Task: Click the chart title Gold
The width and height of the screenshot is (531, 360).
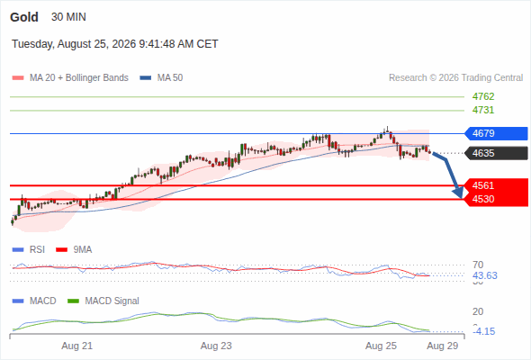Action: (24, 17)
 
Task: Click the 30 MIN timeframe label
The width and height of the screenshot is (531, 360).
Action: (68, 17)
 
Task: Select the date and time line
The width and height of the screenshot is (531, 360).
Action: (115, 44)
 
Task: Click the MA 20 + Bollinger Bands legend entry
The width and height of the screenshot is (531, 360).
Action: (70, 78)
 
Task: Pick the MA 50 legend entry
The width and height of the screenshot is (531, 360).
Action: (161, 78)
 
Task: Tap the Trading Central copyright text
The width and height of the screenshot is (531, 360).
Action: (455, 78)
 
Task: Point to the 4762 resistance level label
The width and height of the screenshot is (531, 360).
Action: (483, 96)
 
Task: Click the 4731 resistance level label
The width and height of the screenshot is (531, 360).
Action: (483, 110)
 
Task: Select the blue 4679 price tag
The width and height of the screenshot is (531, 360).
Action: (495, 133)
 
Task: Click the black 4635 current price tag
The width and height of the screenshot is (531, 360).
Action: (495, 153)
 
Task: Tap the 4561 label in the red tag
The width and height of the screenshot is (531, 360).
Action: (483, 185)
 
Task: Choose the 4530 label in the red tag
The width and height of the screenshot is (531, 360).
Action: (483, 199)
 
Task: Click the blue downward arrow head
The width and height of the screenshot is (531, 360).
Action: (458, 193)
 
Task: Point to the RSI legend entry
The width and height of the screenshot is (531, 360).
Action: (29, 250)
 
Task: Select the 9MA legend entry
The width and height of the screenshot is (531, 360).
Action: (74, 250)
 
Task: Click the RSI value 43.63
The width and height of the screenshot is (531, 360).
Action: (485, 275)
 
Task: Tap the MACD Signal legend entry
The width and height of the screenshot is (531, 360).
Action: (103, 301)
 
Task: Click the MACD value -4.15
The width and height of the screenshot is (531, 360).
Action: (484, 331)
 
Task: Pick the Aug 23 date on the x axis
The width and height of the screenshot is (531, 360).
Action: (216, 346)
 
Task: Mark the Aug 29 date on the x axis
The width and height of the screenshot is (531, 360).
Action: (443, 346)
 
